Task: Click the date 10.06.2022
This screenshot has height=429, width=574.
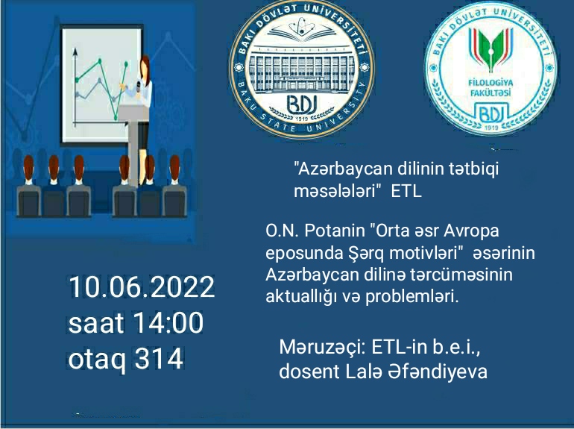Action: point(142,286)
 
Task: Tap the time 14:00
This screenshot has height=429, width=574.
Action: point(168,323)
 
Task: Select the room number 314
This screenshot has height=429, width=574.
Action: point(159,358)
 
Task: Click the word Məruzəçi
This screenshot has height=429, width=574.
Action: point(323,348)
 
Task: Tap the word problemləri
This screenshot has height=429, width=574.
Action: point(411,297)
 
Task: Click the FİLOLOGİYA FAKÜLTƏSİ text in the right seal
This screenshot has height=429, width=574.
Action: point(491,87)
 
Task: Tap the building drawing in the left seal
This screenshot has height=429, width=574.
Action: point(302,69)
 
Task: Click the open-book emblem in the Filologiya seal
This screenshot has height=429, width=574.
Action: point(491,49)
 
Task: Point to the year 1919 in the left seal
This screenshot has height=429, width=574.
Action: point(302,119)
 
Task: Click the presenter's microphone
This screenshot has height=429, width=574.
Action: point(139,86)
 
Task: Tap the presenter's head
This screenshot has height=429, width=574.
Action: point(145,65)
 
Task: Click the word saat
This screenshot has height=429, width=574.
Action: point(96,324)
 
